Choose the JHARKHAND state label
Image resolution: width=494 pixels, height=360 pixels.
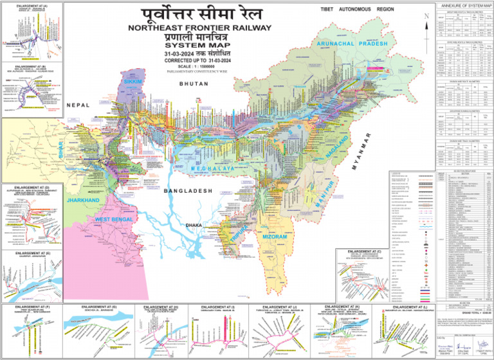(x=83, y=201)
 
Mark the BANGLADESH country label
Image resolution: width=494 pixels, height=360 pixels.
(x=187, y=192)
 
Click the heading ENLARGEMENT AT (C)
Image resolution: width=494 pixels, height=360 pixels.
(x=365, y=250)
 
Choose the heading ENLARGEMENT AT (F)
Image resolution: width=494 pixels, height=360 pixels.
(x=32, y=307)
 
